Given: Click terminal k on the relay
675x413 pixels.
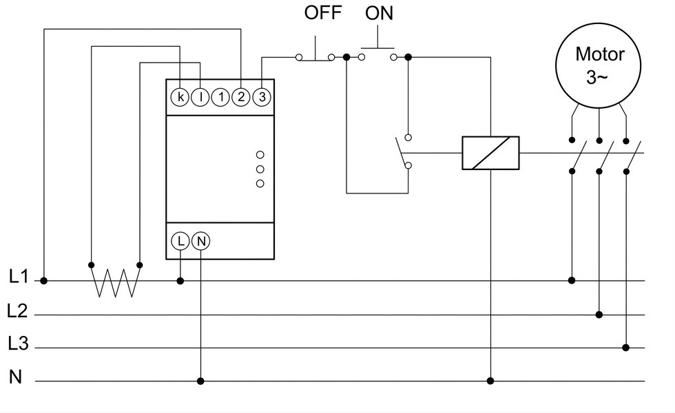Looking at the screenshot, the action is [x=180, y=97].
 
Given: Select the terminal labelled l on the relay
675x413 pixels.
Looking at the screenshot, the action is [x=200, y=97].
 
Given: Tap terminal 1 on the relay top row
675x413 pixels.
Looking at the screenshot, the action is [x=221, y=97].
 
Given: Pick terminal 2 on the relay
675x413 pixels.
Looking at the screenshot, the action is [x=241, y=97].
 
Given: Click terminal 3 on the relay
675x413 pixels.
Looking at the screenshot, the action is [x=262, y=97].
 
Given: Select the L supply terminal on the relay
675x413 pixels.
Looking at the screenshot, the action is [x=180, y=241].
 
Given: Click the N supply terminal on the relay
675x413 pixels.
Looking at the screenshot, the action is [x=201, y=241].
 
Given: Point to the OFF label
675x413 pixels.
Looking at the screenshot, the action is [x=323, y=12].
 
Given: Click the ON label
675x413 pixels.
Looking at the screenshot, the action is [x=380, y=13].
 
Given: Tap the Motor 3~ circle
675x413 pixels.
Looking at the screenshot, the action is [x=599, y=66].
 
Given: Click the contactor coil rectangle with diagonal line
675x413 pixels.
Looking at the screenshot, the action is [x=490, y=153].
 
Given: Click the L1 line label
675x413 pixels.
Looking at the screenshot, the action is [x=19, y=277].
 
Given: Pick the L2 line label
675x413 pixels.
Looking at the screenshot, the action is [x=18, y=310].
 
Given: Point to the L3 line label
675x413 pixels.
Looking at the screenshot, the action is [x=18, y=343].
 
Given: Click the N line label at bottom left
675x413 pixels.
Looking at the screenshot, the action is [x=15, y=377].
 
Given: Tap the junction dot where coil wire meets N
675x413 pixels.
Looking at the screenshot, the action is [x=490, y=381].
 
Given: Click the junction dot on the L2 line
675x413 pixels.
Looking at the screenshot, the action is [x=599, y=315].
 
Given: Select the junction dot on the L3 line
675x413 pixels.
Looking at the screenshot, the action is [x=626, y=348].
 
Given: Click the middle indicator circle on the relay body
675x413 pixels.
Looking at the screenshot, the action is [x=260, y=169].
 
